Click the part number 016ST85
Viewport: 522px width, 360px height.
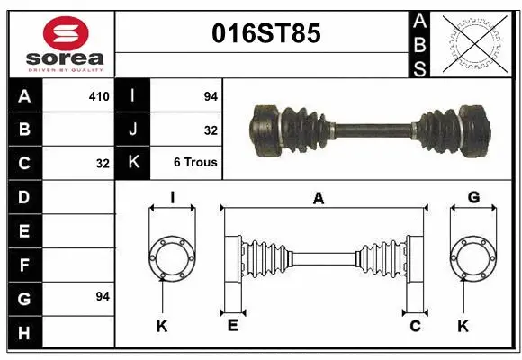coord(265,34)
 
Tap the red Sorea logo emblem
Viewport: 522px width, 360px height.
coord(66,33)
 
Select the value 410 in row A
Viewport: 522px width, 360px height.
coord(98,96)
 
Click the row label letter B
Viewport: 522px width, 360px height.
coord(23,130)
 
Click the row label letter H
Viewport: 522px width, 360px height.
coord(23,333)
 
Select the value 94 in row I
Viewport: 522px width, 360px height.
coord(211,96)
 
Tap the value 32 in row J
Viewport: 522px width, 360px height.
coord(211,130)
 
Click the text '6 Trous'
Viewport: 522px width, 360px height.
coord(195,164)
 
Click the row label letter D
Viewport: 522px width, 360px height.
coord(23,197)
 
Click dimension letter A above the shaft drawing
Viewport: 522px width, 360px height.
coord(318,199)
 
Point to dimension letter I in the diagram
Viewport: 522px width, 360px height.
coord(172,197)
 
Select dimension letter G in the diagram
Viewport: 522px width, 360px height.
coord(473,197)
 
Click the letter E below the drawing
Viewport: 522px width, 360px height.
coord(232,326)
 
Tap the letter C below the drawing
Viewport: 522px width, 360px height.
coord(415,326)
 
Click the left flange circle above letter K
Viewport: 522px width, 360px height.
coord(172,256)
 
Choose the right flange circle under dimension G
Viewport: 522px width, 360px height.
coord(473,256)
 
